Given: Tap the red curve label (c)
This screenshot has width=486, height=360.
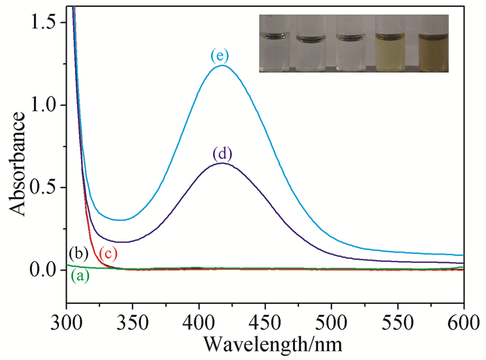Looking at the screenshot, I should (108, 254).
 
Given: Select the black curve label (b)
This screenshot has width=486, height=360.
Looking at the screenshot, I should (78, 251).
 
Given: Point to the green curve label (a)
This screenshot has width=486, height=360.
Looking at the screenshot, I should (80, 276).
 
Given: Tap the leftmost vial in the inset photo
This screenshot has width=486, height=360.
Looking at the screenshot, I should (275, 44).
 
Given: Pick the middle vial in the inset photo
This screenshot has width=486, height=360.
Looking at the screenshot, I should (353, 44).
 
